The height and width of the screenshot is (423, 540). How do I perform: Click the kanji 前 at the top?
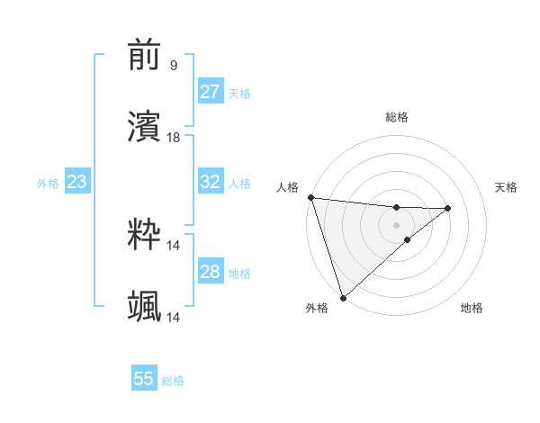tap(145, 56)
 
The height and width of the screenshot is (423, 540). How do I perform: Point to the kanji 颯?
tap(145, 306)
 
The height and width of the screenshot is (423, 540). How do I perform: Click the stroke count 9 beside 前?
tap(173, 65)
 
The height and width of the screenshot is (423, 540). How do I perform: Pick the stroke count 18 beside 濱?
tap(174, 137)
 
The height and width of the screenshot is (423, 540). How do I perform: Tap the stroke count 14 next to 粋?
tap(174, 245)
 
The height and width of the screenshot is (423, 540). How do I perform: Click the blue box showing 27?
tap(210, 93)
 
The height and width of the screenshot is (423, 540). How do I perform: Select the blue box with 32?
tap(210, 182)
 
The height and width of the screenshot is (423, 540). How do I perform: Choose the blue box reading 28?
tap(210, 272)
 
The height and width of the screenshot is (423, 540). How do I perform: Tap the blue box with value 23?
tap(76, 183)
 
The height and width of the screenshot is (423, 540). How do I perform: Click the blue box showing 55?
tap(144, 379)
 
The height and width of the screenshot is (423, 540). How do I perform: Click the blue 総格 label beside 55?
tap(173, 381)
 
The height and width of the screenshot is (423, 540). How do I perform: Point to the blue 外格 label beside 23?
tap(48, 184)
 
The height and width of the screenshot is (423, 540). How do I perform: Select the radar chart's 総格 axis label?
tap(396, 117)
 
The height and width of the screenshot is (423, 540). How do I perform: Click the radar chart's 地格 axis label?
tap(472, 308)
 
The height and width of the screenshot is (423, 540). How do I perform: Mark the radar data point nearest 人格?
tap(310, 197)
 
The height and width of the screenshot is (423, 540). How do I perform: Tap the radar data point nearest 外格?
tap(343, 297)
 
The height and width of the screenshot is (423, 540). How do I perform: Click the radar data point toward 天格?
tap(447, 208)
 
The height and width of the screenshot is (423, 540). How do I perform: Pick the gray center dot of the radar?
tap(396, 224)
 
